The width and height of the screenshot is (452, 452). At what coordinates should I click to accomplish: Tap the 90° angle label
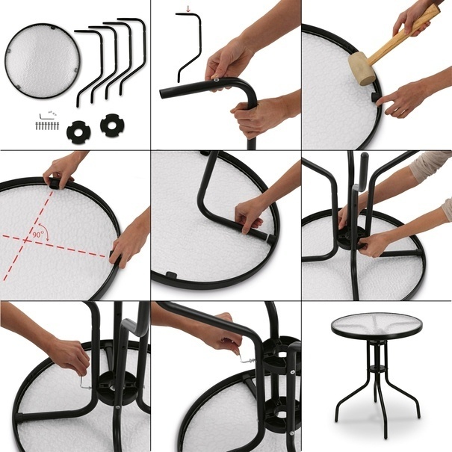[37, 235]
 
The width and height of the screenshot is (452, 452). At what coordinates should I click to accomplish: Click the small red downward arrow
[188, 9]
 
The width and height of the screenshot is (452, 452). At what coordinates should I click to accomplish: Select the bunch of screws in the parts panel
[47, 126]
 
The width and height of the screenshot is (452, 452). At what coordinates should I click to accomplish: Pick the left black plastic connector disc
[78, 131]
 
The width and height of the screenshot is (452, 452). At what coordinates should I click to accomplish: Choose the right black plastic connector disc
[112, 126]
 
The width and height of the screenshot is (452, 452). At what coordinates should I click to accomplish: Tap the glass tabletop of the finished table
[377, 324]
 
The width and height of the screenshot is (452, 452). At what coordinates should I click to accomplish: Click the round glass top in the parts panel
[43, 61]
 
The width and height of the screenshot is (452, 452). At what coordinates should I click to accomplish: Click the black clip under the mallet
[374, 97]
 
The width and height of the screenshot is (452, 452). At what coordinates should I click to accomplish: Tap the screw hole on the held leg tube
[216, 81]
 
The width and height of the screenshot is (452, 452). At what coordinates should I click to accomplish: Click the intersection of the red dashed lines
[26, 239]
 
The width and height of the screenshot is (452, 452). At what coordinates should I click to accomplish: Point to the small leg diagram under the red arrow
[188, 46]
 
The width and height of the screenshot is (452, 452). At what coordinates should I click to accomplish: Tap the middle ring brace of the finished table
[377, 368]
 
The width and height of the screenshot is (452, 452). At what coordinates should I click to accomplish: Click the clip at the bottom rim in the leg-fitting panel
[172, 275]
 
